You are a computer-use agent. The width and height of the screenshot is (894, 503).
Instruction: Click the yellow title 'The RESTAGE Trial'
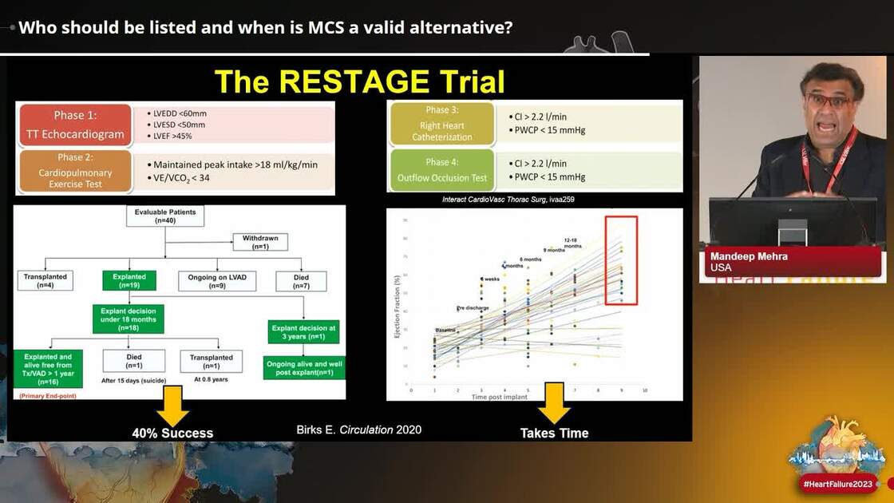[359, 81]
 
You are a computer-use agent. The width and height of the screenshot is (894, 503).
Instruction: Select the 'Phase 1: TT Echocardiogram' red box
[74, 125]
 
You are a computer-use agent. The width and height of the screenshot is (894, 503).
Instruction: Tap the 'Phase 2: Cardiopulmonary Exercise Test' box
[74, 172]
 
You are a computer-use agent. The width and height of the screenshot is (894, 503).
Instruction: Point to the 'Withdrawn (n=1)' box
[260, 242]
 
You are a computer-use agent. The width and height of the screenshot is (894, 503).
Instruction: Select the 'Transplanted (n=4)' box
[45, 281]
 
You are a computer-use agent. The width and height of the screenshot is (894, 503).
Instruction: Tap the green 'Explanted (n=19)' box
[129, 281]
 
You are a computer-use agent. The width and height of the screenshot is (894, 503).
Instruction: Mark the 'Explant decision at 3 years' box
[304, 331]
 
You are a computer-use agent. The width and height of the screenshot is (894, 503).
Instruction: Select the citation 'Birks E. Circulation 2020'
[358, 430]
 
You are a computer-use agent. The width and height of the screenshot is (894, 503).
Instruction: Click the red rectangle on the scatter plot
[620, 260]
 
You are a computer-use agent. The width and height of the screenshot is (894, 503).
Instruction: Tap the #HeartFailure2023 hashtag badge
[837, 484]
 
